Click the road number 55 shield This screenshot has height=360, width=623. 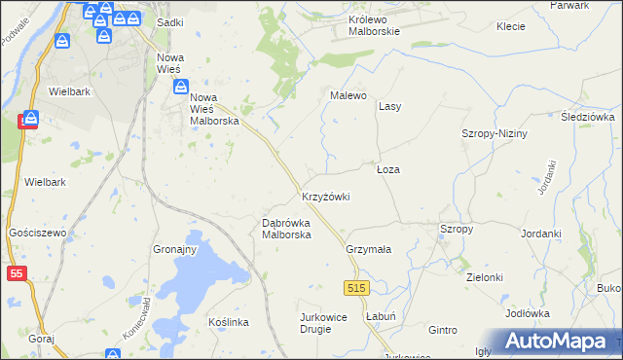click(x=17, y=274)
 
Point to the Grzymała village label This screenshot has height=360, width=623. click(x=368, y=249)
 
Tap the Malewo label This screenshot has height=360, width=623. click(x=348, y=95)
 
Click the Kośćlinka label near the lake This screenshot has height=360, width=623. click(x=230, y=322)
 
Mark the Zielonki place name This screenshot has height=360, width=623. click(x=484, y=277)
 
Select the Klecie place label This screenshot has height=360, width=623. click(x=511, y=28)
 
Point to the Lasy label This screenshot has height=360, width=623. click(x=390, y=106)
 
